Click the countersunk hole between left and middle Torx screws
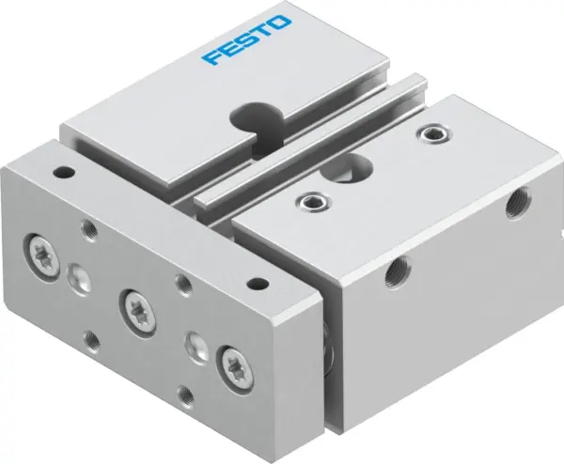pyautogui.click(x=79, y=273)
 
